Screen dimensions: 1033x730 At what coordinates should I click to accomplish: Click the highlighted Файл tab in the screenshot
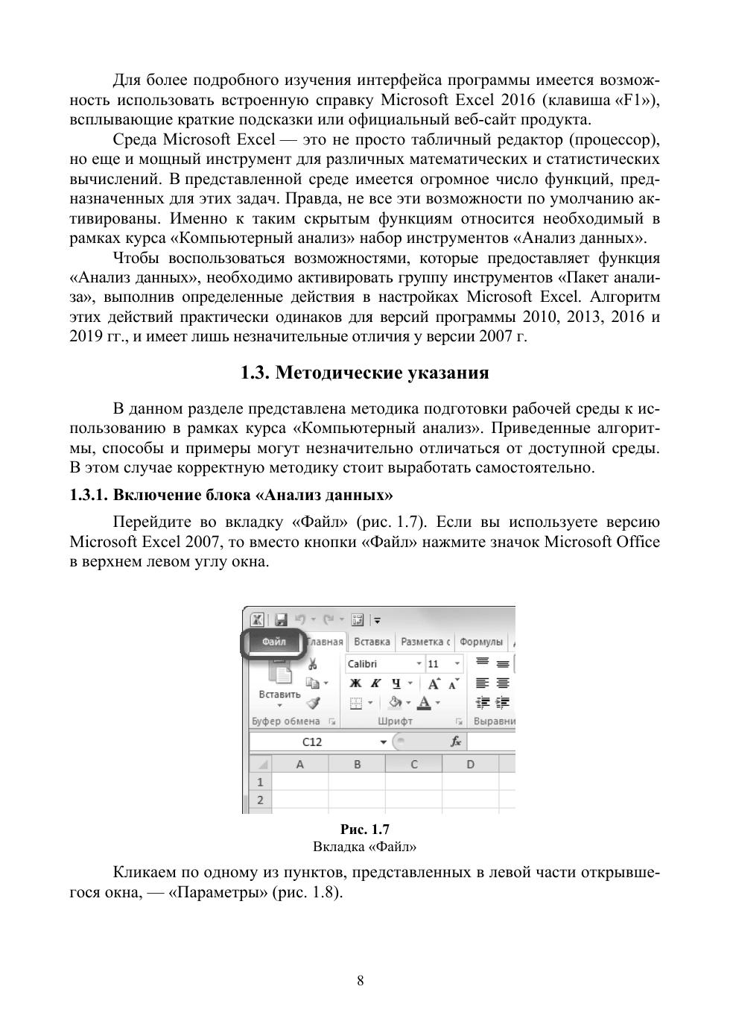273,642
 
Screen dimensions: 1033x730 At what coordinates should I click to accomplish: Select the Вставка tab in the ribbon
372,642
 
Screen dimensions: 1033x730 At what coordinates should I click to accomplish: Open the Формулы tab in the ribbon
481,642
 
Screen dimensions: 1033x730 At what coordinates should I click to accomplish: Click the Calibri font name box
380,664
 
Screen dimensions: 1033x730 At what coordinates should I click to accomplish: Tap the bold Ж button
356,683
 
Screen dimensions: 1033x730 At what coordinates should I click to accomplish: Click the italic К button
376,683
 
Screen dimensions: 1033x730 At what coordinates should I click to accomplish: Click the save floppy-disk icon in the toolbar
281,620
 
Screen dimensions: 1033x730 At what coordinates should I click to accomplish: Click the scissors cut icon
313,664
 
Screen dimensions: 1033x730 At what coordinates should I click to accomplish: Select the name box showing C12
313,742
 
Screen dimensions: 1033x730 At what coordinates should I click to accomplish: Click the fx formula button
456,742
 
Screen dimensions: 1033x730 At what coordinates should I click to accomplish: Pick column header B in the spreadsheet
358,764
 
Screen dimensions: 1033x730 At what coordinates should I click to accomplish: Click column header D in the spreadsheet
470,764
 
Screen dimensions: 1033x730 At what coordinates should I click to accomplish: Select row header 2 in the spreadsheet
261,800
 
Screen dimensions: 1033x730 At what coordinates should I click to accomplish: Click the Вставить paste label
279,695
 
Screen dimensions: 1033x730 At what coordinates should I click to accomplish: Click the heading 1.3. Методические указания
364,373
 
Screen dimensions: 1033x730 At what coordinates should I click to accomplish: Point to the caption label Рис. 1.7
364,830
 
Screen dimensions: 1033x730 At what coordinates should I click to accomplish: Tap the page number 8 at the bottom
361,981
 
